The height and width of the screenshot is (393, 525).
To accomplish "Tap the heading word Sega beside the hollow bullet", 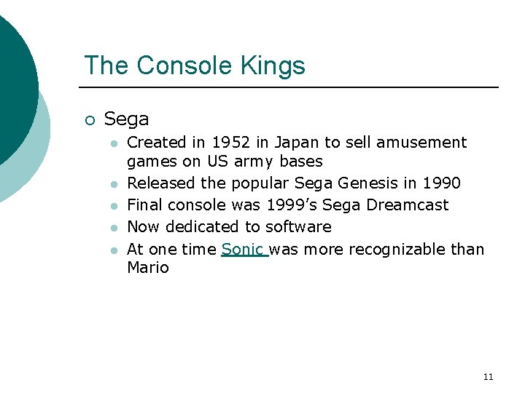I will tap(126, 119).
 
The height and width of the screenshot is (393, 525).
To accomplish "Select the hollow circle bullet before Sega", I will tap(89, 120).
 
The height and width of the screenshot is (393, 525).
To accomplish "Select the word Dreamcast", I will tap(408, 205).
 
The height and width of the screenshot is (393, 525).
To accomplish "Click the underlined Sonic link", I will tap(244, 250).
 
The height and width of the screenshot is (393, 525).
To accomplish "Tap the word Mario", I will tap(148, 268).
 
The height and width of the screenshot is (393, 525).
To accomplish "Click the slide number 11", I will tap(488, 377).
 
